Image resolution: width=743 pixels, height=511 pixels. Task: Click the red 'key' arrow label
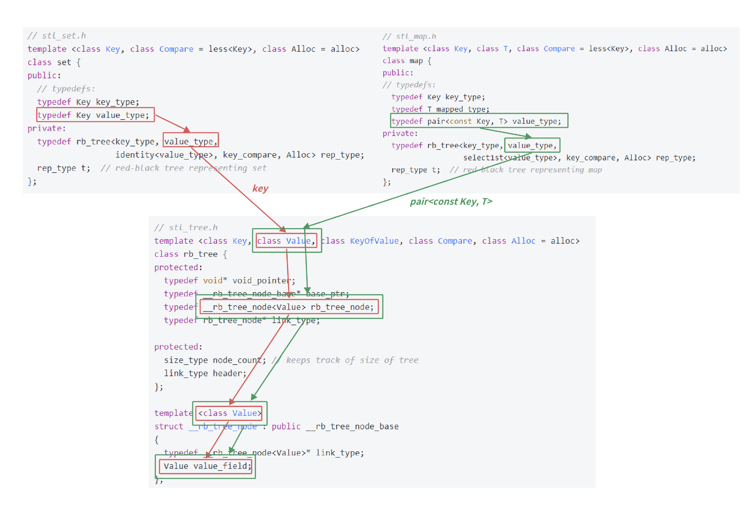pos(260,188)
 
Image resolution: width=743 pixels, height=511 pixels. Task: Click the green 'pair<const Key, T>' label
pos(451,202)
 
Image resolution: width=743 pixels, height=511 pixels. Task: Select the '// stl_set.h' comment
pos(57,36)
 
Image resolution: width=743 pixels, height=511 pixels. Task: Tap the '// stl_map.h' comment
pos(409,36)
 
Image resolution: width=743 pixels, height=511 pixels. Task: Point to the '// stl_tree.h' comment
pos(186,228)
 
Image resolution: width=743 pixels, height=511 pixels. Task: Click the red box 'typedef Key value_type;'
pos(95,115)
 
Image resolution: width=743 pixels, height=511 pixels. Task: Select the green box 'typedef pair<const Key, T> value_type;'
pos(479,121)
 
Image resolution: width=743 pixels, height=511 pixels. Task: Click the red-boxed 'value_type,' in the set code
pos(190,141)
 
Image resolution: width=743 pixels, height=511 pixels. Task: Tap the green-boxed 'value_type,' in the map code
pos(532,145)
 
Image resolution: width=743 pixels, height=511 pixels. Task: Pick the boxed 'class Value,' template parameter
pos(286,241)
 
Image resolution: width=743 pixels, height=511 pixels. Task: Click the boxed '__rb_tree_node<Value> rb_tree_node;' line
pos(289,307)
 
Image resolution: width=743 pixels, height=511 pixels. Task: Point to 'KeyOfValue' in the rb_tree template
pos(374,241)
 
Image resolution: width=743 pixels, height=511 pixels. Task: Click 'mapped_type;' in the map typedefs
pos(462,109)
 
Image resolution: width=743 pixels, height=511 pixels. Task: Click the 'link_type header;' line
pos(205,373)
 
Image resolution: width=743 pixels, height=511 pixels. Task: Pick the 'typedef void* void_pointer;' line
pos(230,280)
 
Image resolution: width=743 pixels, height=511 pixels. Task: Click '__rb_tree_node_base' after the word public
pos(352,426)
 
